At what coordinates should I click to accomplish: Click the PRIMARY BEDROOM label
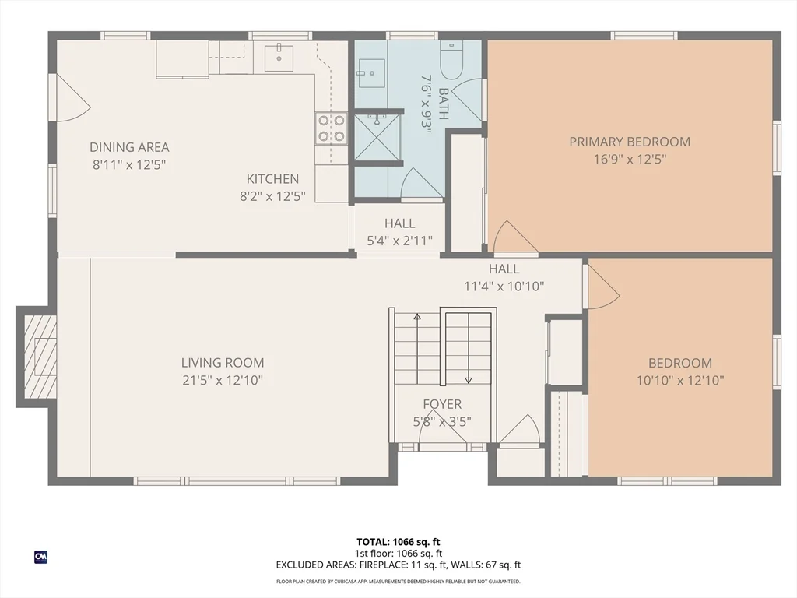[x=629, y=142]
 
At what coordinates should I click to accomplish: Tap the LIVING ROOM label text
[x=223, y=363]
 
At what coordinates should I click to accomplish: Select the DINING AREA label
[x=129, y=147]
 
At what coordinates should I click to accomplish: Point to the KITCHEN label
[x=272, y=179]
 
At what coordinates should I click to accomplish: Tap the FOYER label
[x=442, y=404]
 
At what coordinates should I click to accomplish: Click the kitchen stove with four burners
[x=331, y=129]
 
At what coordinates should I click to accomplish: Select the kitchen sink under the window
[x=278, y=57]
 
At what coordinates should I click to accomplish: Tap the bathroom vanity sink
[x=370, y=73]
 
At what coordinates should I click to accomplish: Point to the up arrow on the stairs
[x=417, y=318]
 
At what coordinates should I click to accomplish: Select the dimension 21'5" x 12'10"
[x=223, y=381]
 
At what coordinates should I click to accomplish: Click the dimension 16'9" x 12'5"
[x=629, y=159]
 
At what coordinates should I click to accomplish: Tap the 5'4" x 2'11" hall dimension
[x=399, y=241]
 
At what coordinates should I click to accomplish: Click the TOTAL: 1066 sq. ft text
[x=398, y=542]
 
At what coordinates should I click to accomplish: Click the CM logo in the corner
[x=40, y=557]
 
